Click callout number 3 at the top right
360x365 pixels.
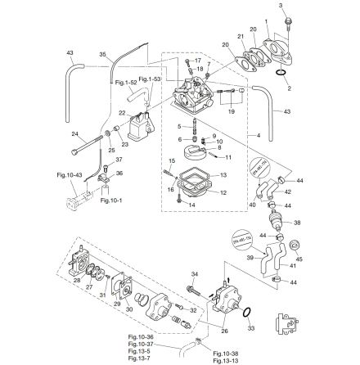[281, 5]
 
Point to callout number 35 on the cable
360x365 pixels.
[102, 55]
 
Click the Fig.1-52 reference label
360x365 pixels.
[124, 82]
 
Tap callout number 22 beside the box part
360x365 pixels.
[122, 112]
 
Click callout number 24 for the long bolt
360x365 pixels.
[74, 133]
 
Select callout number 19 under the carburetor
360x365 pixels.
[232, 108]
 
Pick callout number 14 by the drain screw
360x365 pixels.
[191, 205]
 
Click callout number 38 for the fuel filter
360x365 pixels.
[297, 221]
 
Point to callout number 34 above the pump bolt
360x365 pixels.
[193, 274]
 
